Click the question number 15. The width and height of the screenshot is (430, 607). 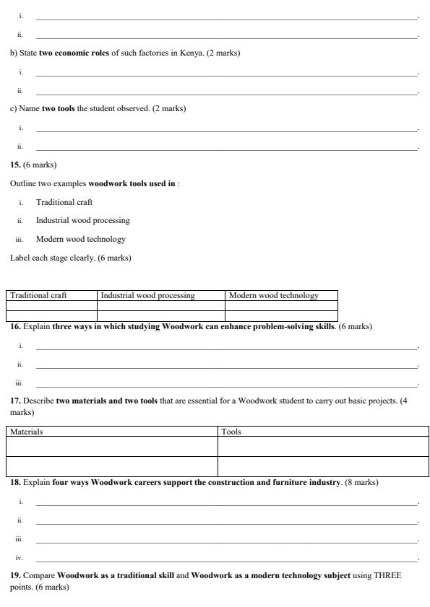pyautogui.click(x=15, y=165)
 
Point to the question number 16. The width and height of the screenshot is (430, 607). pyautogui.click(x=15, y=326)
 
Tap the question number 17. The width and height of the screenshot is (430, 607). pyautogui.click(x=15, y=401)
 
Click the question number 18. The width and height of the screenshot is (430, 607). pyautogui.click(x=15, y=482)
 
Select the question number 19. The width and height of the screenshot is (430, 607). pyautogui.click(x=15, y=575)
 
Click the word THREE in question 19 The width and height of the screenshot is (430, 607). pyautogui.click(x=386, y=575)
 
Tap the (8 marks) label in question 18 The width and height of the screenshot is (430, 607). pyautogui.click(x=361, y=482)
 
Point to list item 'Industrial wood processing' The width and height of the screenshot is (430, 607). pyautogui.click(x=83, y=221)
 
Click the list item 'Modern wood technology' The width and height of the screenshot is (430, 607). pyautogui.click(x=81, y=239)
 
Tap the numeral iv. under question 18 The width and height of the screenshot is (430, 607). pyautogui.click(x=20, y=558)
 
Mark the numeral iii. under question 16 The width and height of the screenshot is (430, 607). pyautogui.click(x=20, y=383)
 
